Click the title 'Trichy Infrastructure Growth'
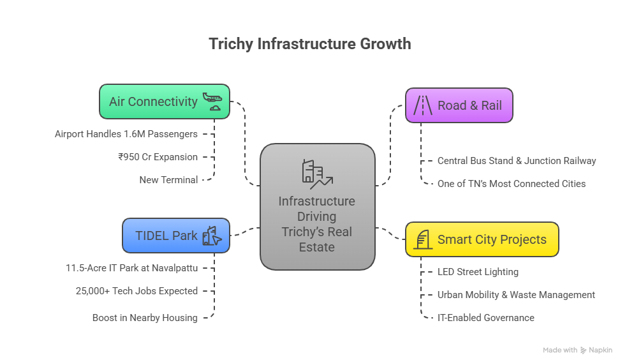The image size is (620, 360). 310,44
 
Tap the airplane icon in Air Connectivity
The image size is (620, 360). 212,101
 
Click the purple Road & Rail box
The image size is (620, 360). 459,105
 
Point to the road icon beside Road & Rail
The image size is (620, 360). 422,105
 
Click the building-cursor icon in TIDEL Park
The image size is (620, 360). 212,236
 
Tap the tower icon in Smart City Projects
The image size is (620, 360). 422,240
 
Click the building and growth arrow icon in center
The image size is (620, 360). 316,174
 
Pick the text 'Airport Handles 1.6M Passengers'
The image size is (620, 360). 126,134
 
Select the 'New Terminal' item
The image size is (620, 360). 168,180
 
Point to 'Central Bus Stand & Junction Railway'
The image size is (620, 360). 517,161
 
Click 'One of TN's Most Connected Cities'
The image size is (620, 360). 512,184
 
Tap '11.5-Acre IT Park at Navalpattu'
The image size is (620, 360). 131,268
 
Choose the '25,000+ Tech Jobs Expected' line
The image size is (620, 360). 137,291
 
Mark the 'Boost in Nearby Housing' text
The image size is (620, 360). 145,318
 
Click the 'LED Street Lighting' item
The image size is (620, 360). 478,272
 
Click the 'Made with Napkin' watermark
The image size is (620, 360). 577,350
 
